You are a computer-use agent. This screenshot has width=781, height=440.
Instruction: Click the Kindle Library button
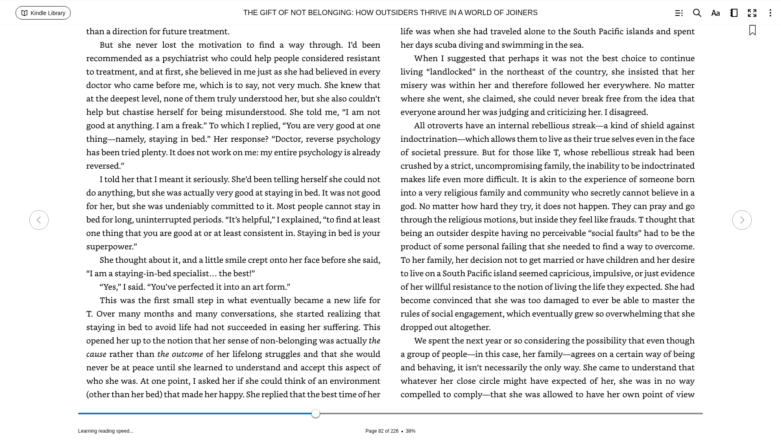(43, 13)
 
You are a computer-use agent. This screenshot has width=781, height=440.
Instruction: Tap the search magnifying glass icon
(697, 13)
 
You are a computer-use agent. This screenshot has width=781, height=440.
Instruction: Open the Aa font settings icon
(716, 13)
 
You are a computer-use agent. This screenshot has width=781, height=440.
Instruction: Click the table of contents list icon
(678, 13)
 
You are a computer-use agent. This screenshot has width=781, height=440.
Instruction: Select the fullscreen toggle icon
(752, 13)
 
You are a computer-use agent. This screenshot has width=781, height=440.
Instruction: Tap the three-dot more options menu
(770, 13)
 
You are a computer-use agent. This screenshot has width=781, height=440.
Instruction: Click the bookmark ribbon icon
(753, 30)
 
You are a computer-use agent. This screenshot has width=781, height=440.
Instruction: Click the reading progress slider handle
(316, 414)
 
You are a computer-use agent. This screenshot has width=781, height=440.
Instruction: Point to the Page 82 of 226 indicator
(382, 431)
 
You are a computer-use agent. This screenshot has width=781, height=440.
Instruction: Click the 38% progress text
(410, 431)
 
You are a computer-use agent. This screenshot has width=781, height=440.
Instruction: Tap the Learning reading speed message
(106, 431)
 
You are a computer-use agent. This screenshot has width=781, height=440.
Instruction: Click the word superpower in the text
(109, 246)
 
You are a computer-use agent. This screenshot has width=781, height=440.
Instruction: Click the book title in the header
(390, 13)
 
